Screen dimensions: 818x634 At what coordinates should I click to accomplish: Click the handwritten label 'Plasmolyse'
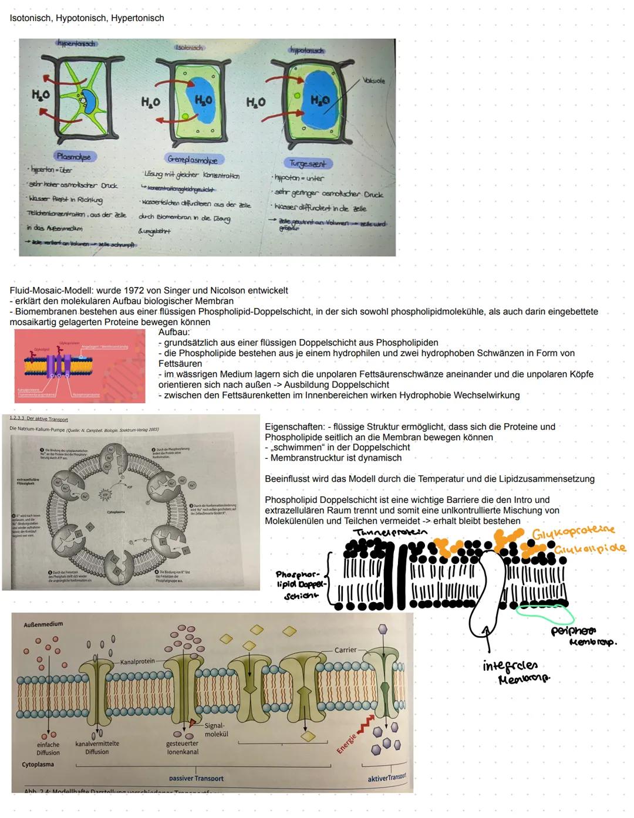point(73,157)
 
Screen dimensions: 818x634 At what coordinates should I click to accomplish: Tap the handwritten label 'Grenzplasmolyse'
point(192,160)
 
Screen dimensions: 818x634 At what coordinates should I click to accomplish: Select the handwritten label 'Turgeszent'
point(308,164)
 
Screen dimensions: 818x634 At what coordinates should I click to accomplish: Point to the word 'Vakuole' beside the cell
point(373,81)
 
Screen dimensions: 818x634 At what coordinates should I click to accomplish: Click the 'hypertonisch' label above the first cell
point(76,44)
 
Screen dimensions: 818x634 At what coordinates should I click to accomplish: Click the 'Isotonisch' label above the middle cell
point(189,48)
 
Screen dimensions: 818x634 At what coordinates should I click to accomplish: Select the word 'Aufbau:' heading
point(174,332)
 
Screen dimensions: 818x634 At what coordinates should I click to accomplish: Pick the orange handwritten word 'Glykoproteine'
point(574,532)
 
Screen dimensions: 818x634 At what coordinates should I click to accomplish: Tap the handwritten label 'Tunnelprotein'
point(390,532)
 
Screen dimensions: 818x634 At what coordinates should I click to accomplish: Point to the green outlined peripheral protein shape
point(545,614)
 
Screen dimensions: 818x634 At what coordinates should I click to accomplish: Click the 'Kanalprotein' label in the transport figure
point(137,661)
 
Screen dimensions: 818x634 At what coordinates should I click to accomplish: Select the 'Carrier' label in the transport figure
point(346,650)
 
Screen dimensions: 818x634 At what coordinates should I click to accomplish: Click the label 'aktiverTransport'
point(387,778)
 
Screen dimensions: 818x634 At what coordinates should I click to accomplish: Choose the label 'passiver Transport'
point(196,779)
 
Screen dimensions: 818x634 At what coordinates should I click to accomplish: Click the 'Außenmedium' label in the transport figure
point(43,624)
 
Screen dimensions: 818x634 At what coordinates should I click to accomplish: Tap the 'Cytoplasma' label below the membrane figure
point(38,765)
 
